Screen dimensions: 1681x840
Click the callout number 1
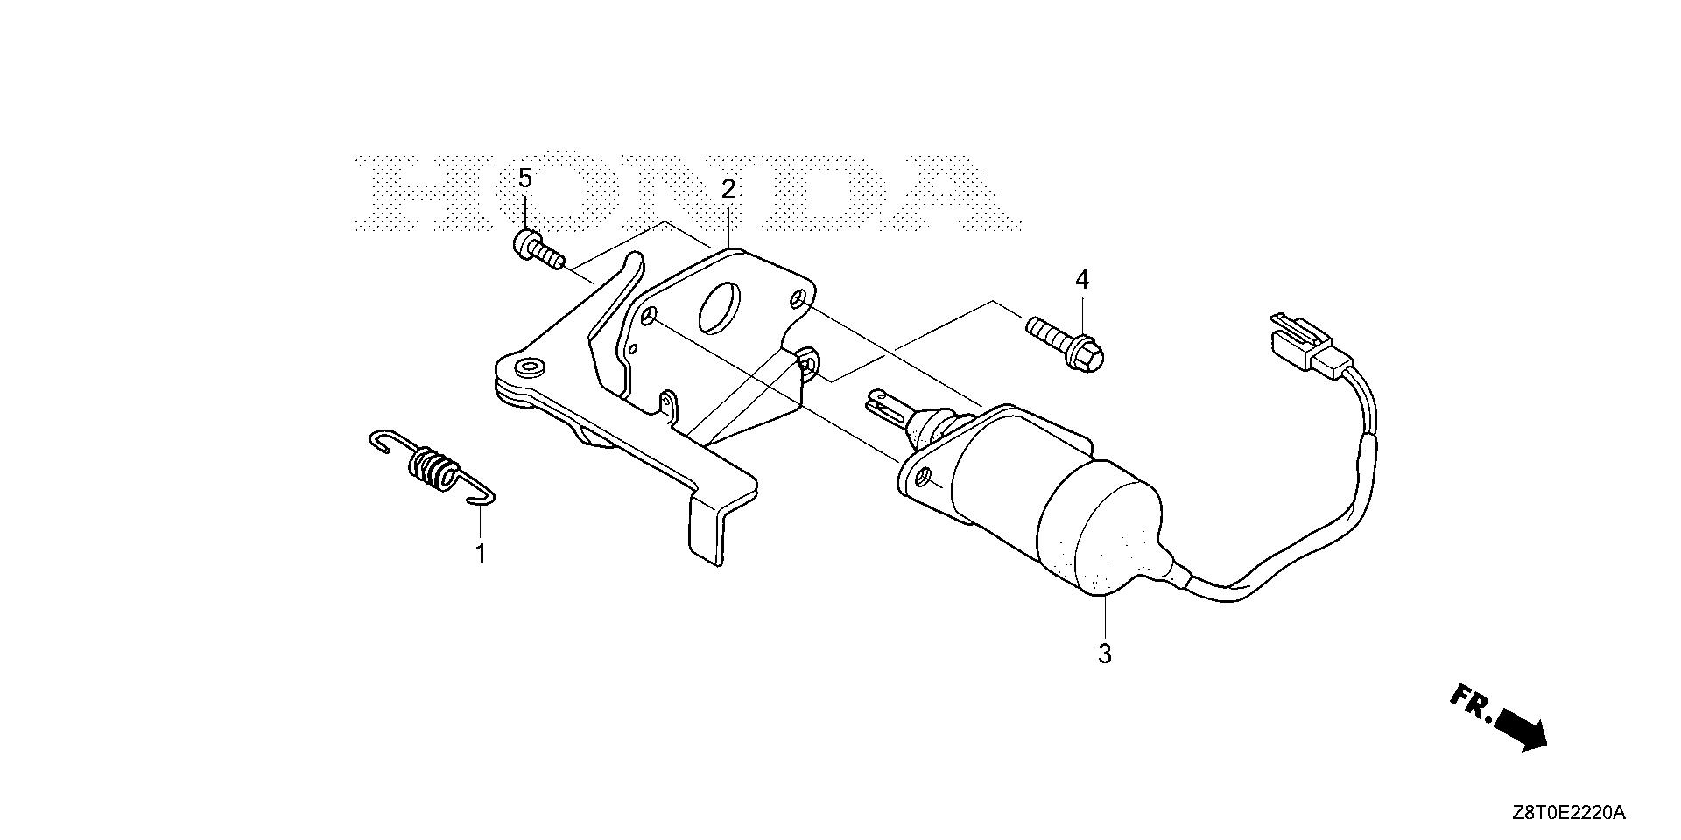pos(480,553)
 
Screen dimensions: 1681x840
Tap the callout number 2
pos(728,189)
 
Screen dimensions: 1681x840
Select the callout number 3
pos(1105,653)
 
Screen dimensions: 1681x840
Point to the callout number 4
pos(1082,280)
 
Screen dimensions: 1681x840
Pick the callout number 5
pos(525,178)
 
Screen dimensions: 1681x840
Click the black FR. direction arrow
pos(1521,728)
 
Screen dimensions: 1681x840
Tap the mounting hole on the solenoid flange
pos(921,478)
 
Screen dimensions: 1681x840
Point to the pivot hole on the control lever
pos(528,366)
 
